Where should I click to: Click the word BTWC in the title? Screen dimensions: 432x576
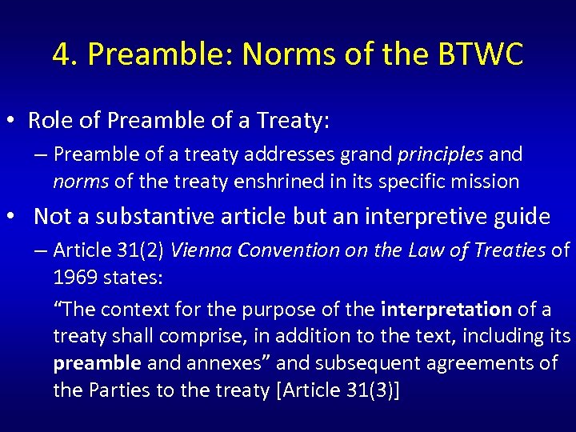tap(480, 54)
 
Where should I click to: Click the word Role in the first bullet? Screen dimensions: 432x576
tap(46, 120)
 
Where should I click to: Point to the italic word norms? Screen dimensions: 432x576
tap(81, 181)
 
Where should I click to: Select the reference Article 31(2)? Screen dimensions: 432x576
tap(109, 250)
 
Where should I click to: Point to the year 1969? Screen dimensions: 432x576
tap(75, 278)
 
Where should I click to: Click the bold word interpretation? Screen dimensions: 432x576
tap(446, 309)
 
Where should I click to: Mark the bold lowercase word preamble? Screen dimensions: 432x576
tap(97, 363)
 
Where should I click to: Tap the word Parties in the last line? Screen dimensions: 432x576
tap(108, 390)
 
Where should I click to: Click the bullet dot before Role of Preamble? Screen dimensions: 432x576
tap(13, 122)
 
